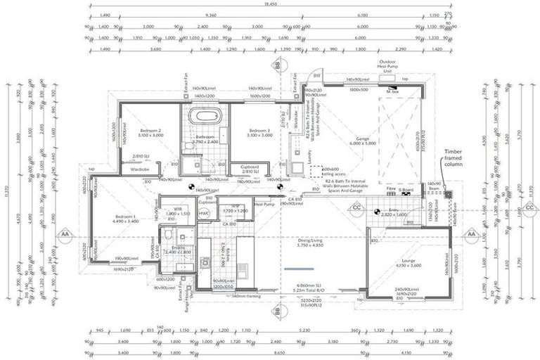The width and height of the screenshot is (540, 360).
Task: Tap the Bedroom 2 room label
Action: [x=150, y=132]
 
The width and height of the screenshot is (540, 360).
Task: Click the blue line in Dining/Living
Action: [x=300, y=269]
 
